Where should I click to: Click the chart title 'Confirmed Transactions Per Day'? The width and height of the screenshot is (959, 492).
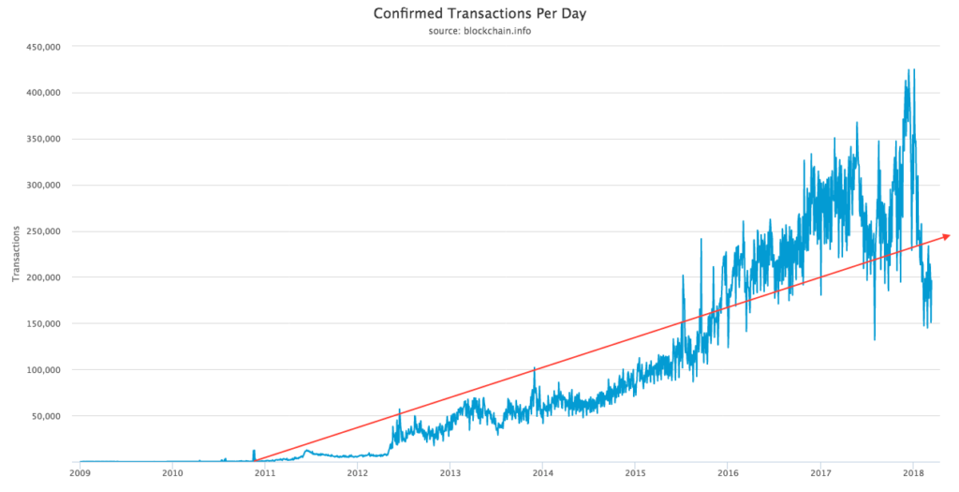(x=479, y=14)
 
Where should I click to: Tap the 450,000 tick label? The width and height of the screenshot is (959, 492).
(x=41, y=46)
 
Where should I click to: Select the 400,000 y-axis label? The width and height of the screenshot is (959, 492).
(x=41, y=93)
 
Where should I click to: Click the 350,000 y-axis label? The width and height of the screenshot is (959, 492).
(x=41, y=139)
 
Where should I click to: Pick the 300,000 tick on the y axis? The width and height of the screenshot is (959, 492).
(x=41, y=185)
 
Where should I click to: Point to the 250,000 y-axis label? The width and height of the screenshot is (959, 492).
(x=41, y=231)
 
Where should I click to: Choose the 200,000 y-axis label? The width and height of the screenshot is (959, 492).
(x=41, y=277)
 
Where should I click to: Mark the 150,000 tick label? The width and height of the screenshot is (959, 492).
(x=41, y=323)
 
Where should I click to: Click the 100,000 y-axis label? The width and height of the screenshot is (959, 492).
(x=41, y=369)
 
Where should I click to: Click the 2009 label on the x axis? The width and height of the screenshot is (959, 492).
(x=80, y=473)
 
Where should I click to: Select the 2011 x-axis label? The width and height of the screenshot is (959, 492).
(x=265, y=473)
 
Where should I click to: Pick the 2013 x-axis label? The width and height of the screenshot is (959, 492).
(x=450, y=473)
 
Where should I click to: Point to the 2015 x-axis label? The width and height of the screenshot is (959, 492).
(x=635, y=473)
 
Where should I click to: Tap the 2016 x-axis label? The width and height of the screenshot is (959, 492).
(x=728, y=473)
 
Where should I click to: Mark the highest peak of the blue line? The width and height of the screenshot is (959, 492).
(x=908, y=69)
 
